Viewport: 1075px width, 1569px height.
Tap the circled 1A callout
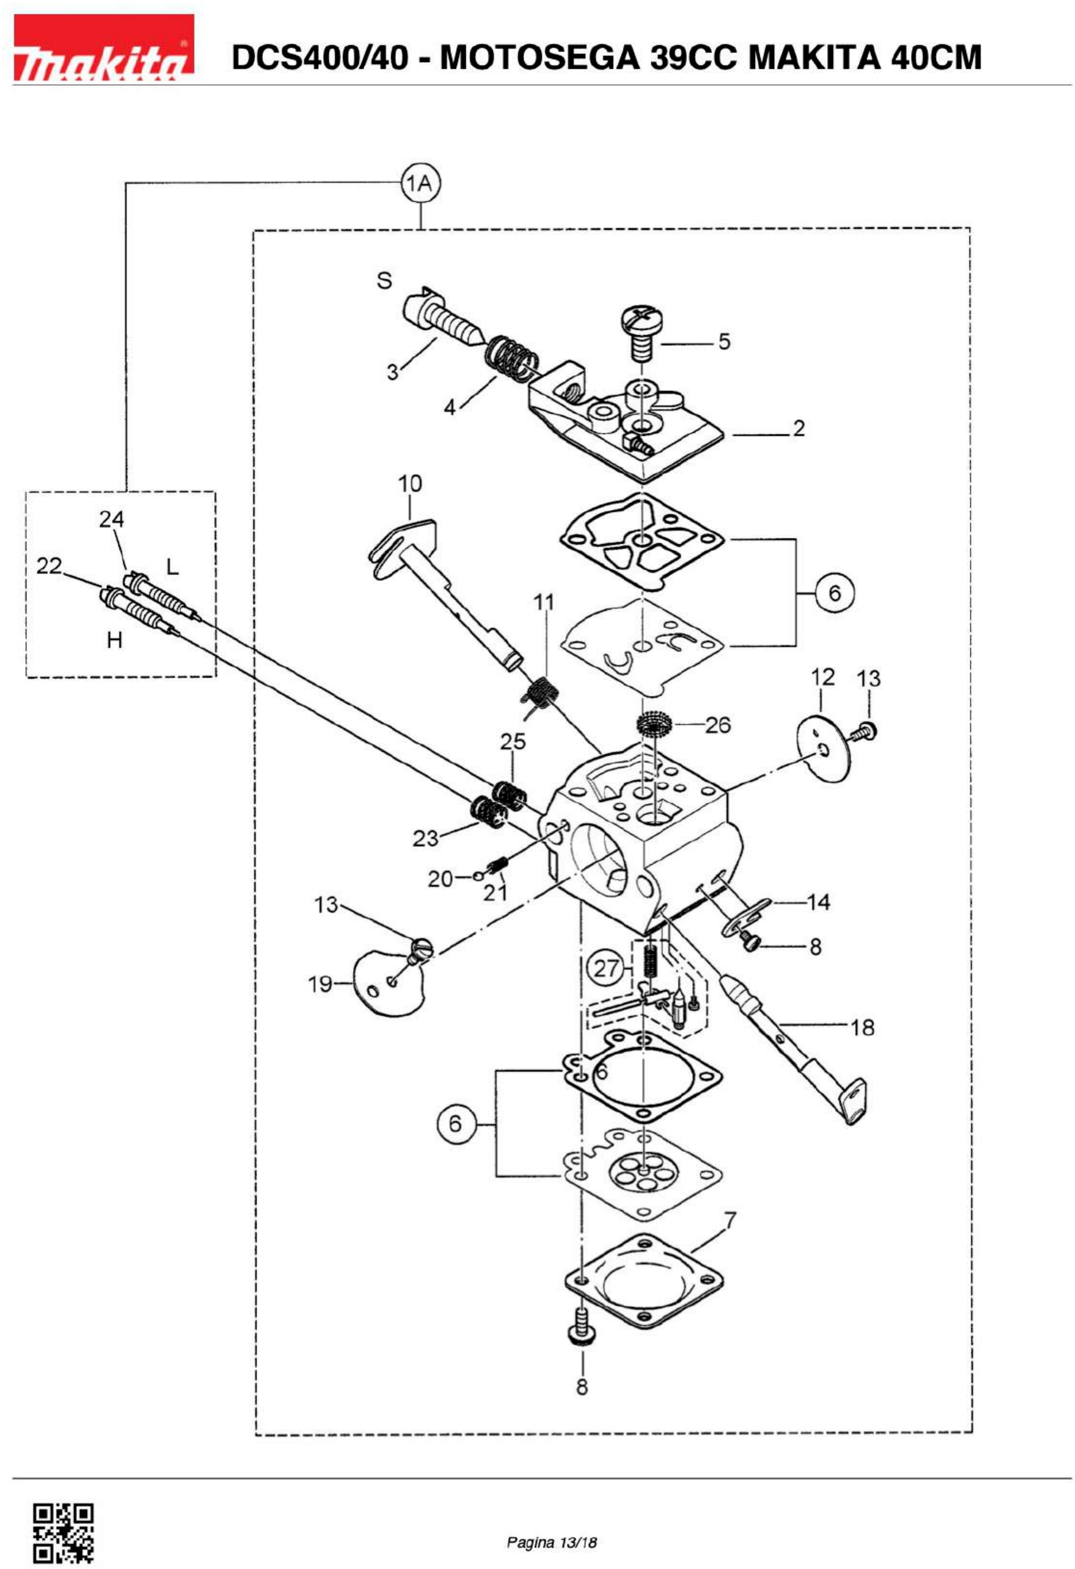(x=421, y=183)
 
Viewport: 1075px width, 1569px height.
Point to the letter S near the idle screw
(x=384, y=281)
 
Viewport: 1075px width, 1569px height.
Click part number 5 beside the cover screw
(x=724, y=342)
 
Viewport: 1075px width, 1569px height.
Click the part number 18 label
(x=862, y=1028)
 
